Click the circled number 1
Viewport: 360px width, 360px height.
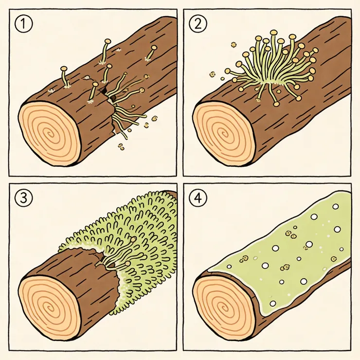(24, 24)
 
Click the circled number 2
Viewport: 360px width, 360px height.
(198, 24)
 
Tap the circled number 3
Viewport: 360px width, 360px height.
(24, 198)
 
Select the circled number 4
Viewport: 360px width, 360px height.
(198, 198)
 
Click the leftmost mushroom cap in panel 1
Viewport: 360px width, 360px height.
(64, 69)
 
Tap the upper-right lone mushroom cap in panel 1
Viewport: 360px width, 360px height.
(154, 48)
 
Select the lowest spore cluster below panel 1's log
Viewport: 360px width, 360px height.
(121, 146)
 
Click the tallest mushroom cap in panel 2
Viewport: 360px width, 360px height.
(273, 32)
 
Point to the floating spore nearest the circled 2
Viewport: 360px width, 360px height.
(234, 44)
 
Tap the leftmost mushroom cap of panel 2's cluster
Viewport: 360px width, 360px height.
(228, 71)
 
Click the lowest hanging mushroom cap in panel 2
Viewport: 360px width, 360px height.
(276, 104)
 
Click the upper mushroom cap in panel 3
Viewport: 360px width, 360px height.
(133, 240)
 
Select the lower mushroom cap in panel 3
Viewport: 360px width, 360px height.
(128, 263)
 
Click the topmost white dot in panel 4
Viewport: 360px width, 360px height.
(336, 206)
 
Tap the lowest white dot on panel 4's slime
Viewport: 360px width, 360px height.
(273, 304)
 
